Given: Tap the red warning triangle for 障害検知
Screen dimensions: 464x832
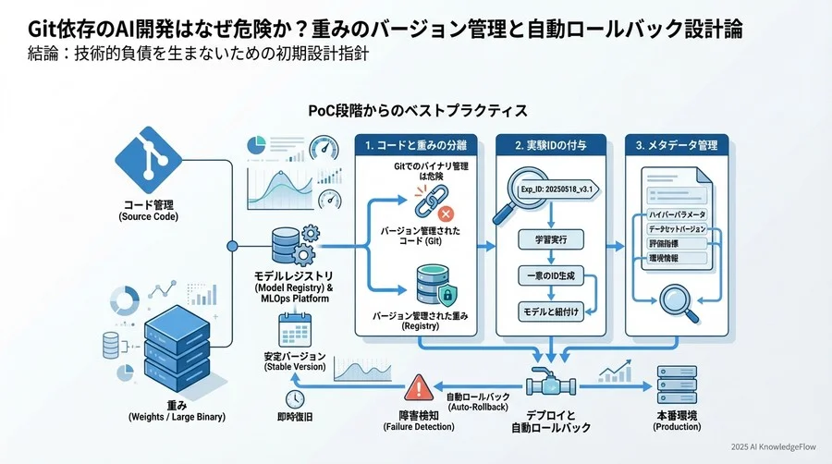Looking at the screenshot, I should (x=418, y=386).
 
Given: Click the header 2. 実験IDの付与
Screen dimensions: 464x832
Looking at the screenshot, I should (x=551, y=145).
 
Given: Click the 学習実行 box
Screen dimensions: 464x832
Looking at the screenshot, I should (x=551, y=239).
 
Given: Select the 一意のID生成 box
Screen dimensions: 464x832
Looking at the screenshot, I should (x=551, y=276).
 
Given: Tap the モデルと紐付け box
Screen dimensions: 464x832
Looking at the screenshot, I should (x=551, y=311).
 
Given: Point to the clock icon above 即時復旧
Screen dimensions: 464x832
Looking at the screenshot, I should (x=295, y=398).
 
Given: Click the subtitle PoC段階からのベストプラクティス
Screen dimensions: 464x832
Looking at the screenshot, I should (x=418, y=111).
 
